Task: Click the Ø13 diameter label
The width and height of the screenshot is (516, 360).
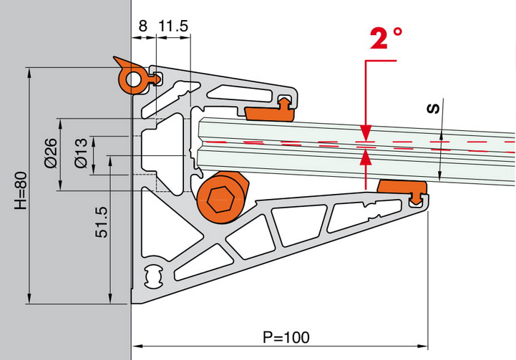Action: click(x=81, y=153)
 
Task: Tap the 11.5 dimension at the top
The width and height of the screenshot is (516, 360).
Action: click(x=173, y=26)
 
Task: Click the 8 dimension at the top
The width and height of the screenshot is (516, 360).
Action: click(x=143, y=26)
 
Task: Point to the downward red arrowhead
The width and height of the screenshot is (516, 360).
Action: click(x=366, y=133)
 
